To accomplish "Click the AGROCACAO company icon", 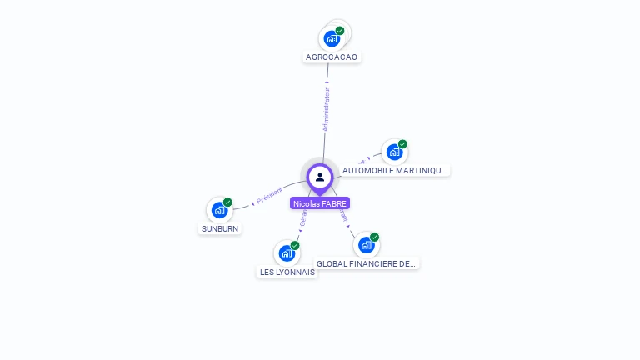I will coord(332,38).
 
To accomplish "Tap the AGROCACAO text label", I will coord(332,57).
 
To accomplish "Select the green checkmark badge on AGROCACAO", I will coord(340,31).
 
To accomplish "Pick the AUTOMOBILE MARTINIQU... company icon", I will coord(394,152).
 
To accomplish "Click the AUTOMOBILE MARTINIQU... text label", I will coord(395,170).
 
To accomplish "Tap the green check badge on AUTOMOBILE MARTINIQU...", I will coord(402,144).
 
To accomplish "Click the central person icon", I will coord(320,177).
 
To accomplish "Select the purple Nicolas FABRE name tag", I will coord(320,203).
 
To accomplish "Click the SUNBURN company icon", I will coord(219,210).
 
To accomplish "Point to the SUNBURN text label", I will coord(220,227).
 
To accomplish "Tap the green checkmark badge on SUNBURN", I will coord(227,202).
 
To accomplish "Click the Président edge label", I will coord(269,195).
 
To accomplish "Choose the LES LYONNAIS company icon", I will coord(287,252).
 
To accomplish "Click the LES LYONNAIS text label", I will coord(287,272).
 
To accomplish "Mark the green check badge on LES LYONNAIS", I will coord(295,245).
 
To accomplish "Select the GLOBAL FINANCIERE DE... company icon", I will coord(366,245).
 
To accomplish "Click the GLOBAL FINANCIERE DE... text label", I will coord(367,263).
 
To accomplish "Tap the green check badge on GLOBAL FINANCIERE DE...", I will coord(374,237).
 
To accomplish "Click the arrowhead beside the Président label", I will coord(252,202).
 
